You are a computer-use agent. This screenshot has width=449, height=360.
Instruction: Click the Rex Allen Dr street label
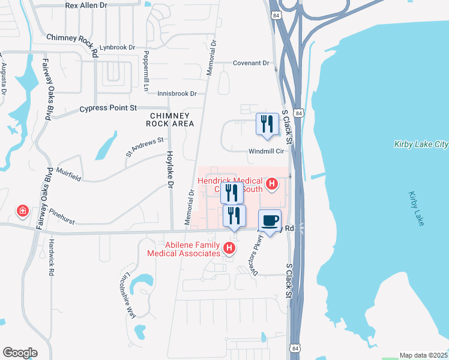(x=86, y=5)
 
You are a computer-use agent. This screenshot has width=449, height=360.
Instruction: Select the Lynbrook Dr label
(x=118, y=47)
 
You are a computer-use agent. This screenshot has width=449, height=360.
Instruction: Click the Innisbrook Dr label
(x=177, y=94)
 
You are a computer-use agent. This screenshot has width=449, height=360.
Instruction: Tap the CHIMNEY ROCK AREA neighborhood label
(x=171, y=119)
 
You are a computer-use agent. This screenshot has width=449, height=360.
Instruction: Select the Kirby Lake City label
(x=421, y=144)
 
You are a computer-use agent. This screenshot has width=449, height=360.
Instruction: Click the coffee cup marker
(x=270, y=220)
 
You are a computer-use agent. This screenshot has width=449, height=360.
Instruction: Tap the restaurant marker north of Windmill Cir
(x=267, y=124)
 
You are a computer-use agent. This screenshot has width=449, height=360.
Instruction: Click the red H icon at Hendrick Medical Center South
(x=271, y=184)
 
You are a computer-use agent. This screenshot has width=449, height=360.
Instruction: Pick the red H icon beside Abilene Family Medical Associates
(x=228, y=247)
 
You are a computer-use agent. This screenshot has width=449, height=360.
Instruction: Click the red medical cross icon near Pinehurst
(x=22, y=211)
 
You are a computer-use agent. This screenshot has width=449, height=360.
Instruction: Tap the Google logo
(x=20, y=352)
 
